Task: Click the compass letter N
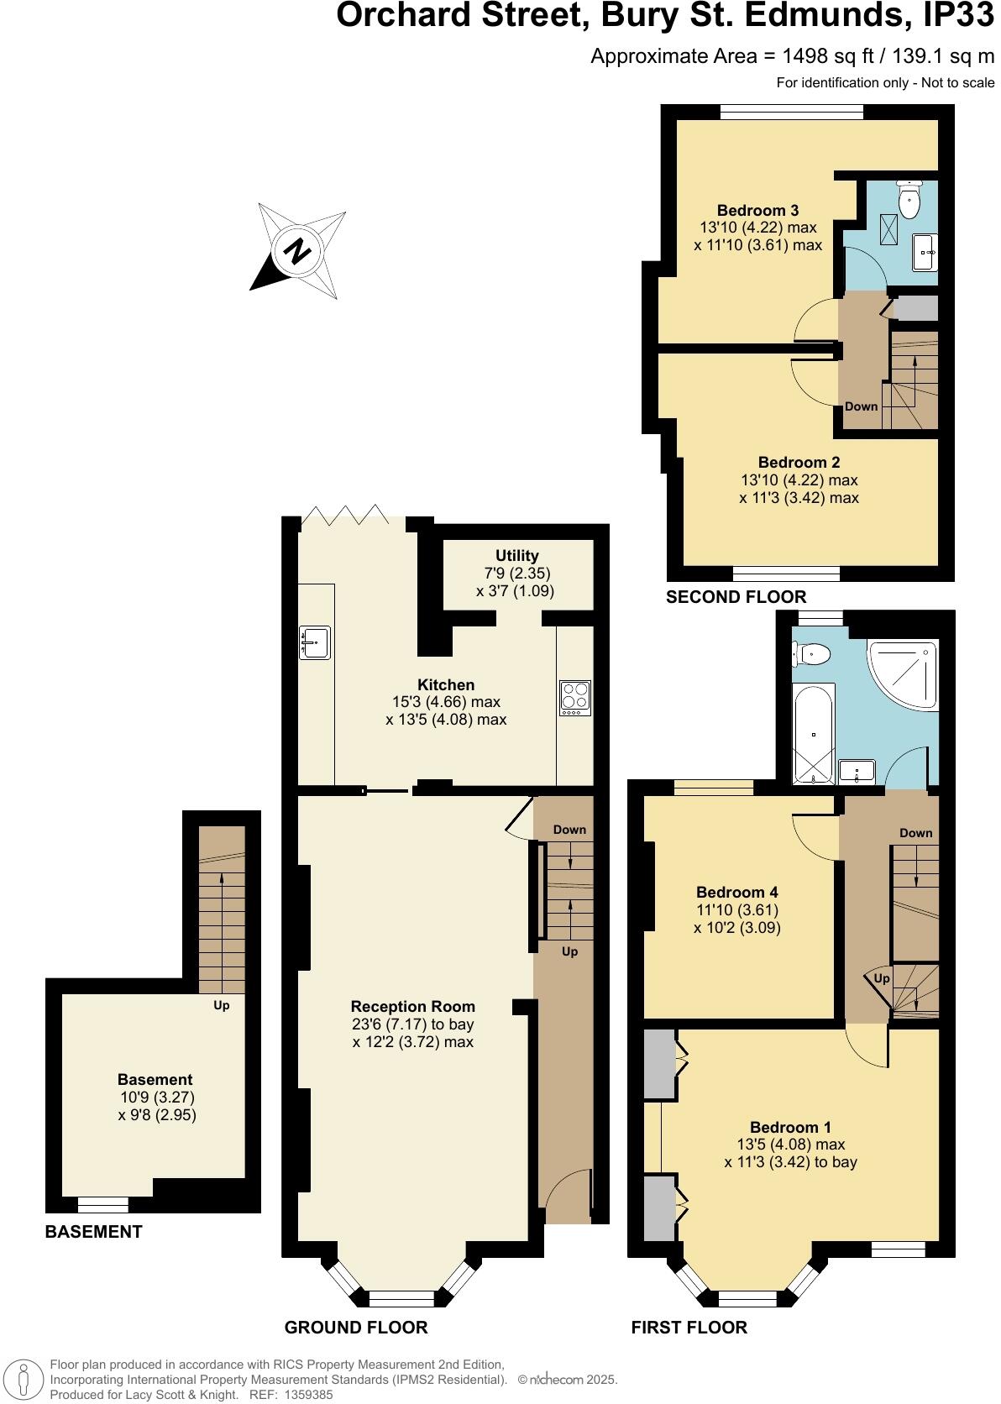[x=296, y=251]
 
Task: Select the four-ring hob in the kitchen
[x=575, y=698]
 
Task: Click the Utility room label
[x=516, y=556]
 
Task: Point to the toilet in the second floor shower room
[x=909, y=198]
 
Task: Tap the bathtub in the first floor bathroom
[x=814, y=733]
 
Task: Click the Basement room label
[x=155, y=1080]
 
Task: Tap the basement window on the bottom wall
[x=103, y=1205]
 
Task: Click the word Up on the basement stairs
[x=222, y=1005]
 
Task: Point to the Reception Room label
[x=412, y=1006]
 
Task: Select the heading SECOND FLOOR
[x=736, y=597]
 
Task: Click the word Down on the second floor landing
[x=861, y=406]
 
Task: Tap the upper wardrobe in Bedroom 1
[x=660, y=1063]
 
